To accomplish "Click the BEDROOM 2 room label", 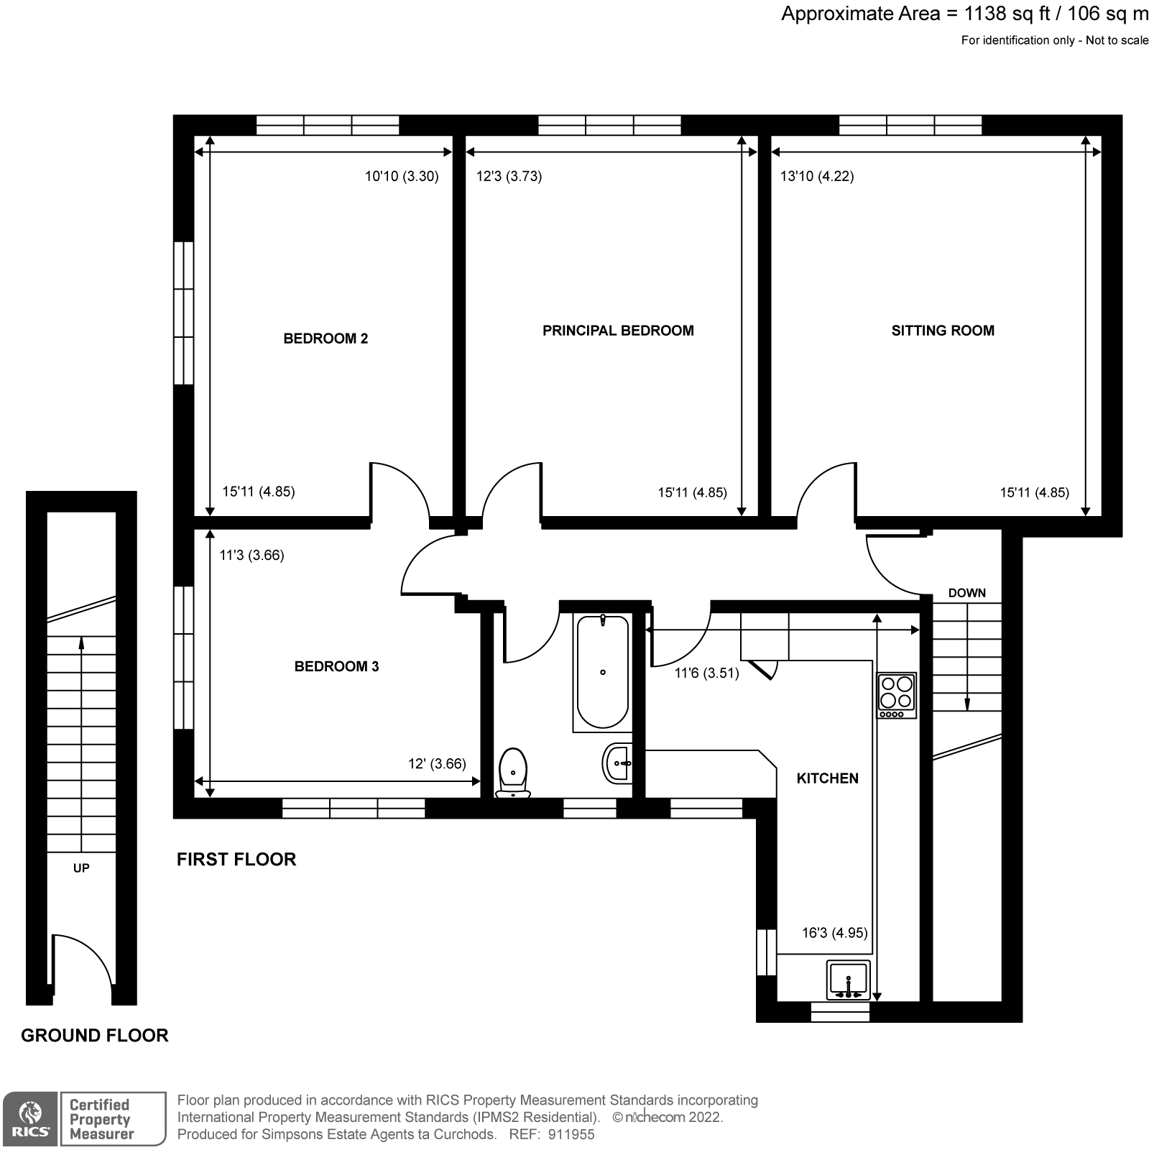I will click(x=326, y=339).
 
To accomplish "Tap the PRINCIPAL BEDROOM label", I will click(x=618, y=331).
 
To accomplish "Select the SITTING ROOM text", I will click(x=943, y=331).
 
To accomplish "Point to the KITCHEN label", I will click(x=827, y=778).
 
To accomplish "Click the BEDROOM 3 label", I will click(x=336, y=666).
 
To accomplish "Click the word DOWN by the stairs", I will click(x=966, y=593).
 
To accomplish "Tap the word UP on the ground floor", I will click(x=81, y=868).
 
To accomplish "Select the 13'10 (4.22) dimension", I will click(x=817, y=176).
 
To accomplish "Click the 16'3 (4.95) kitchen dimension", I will click(x=834, y=933).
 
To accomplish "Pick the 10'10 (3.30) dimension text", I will click(x=402, y=176).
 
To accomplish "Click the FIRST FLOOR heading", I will click(x=236, y=860).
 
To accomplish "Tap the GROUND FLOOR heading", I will click(x=95, y=1036).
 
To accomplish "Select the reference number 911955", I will click(x=571, y=1135).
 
